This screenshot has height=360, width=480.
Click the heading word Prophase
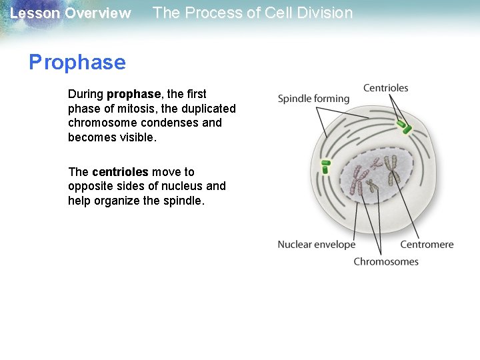click(x=77, y=63)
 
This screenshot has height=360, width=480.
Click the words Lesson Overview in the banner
click(x=70, y=13)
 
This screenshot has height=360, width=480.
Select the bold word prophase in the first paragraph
click(x=133, y=94)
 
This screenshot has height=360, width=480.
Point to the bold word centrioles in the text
click(x=120, y=172)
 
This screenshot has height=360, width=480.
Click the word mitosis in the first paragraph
click(x=133, y=109)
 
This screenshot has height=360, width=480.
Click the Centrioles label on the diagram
click(x=385, y=88)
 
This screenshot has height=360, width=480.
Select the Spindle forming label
click(x=313, y=99)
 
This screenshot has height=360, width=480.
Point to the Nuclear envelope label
click(x=316, y=245)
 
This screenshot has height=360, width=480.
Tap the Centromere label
click(x=427, y=245)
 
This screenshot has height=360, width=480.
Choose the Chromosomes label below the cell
click(x=386, y=261)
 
